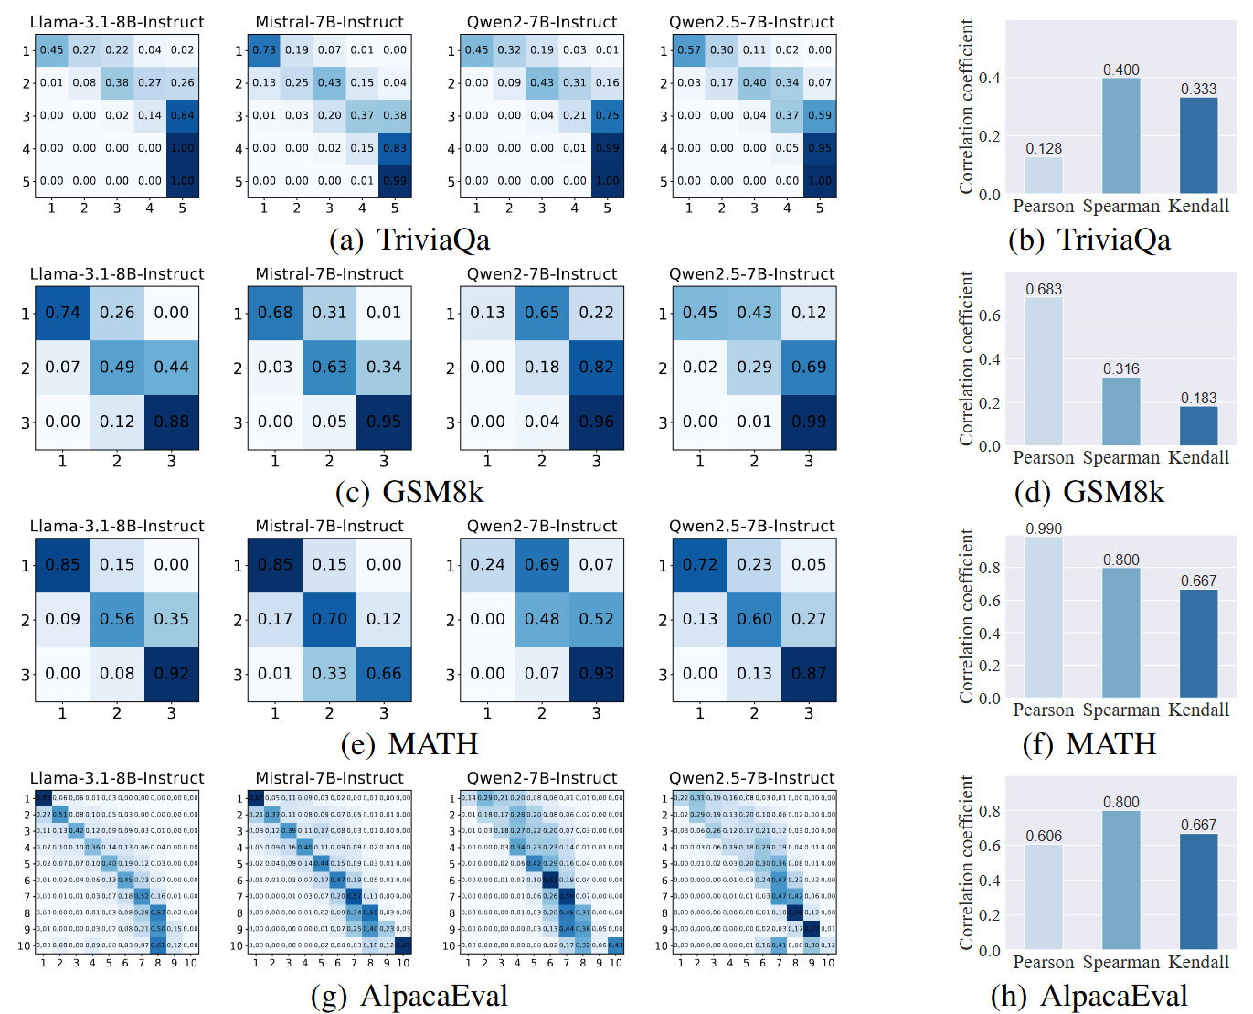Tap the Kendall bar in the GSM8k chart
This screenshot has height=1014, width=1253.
point(1198,425)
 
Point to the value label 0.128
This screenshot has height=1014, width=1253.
point(1043,148)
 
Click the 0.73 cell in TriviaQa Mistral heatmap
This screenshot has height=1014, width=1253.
point(264,50)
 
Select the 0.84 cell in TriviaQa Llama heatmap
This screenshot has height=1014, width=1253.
point(183,115)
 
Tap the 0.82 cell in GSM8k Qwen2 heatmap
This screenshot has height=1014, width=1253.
point(597,368)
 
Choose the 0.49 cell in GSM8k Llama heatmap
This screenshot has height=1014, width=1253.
point(117,368)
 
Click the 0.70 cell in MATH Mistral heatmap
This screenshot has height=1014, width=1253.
point(329,619)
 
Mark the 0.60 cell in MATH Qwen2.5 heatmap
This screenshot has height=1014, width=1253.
point(754,619)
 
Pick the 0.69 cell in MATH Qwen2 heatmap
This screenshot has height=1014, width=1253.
point(542,565)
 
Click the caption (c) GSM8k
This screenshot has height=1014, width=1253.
point(409,492)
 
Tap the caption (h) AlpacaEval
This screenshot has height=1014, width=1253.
point(1088,996)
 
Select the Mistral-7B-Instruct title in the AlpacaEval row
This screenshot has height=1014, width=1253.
point(329,778)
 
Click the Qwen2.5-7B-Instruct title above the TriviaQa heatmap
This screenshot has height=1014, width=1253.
point(751,22)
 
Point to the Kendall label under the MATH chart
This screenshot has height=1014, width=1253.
point(1198,710)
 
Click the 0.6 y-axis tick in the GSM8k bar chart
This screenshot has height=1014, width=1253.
point(989,315)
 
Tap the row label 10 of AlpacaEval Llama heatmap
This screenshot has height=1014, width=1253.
point(24,946)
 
